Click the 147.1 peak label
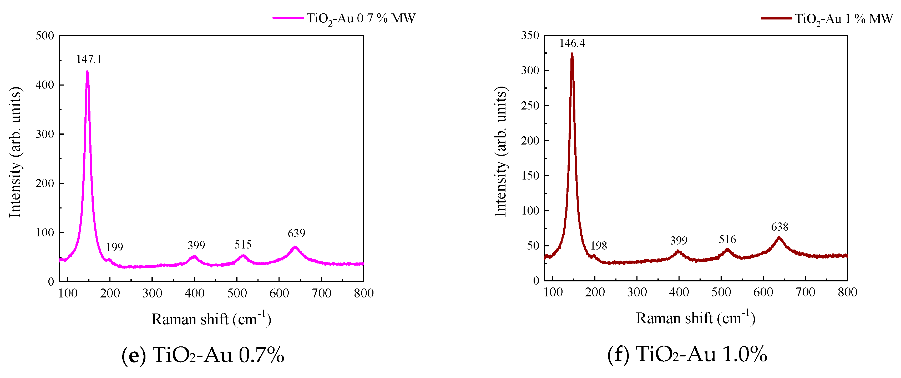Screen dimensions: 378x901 89,59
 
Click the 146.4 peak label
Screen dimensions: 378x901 572,43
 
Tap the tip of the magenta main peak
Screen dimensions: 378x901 87,72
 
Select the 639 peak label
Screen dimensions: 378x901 296,233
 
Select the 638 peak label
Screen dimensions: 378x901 779,227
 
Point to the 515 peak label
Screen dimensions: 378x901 243,244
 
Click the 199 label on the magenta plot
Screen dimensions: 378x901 114,247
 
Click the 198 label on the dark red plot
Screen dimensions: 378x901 599,246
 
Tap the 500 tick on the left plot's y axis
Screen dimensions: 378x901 45,36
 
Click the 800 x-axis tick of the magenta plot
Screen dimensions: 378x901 363,293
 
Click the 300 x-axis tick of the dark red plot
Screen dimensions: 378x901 637,292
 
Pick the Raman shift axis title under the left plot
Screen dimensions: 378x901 211,319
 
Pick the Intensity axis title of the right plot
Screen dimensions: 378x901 500,151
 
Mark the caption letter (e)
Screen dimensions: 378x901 134,355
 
